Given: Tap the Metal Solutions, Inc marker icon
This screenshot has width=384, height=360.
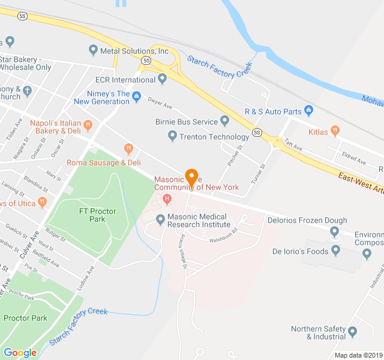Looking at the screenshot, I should click(92, 50).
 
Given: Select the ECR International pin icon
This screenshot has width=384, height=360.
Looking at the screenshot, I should click(163, 79).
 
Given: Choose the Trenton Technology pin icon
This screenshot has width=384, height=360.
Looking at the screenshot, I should click(173, 137).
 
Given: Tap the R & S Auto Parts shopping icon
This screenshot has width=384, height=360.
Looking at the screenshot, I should click(309, 110).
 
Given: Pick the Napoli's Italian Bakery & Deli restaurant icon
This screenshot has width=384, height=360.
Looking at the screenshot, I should click(88, 125).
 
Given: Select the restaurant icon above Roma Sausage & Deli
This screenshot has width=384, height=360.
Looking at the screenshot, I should click(128, 148).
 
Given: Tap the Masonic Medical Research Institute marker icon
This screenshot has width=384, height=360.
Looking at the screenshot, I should click(160, 220).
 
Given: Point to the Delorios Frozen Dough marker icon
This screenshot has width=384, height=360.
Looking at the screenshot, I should click(335, 232).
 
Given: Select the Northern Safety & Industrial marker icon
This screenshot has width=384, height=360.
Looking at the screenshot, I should click(352, 332).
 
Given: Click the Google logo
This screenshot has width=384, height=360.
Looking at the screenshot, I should click(20, 353).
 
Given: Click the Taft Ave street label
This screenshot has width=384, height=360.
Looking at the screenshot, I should click(292, 144).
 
